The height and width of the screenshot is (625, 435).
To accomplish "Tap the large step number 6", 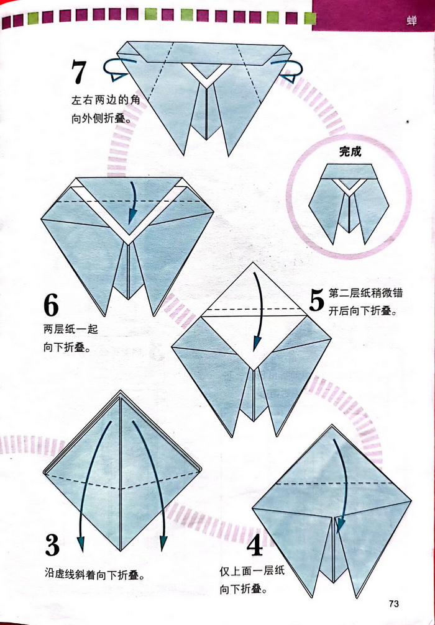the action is (51, 305).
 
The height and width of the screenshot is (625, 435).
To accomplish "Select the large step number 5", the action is (316, 300).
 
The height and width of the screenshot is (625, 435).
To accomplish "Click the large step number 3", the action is (52, 544).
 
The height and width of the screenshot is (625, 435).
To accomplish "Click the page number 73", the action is (393, 603).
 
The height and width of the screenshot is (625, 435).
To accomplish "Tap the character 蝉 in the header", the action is (411, 20).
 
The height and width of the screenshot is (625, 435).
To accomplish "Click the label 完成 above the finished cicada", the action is (350, 151).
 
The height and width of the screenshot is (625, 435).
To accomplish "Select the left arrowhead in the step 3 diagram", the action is (81, 543).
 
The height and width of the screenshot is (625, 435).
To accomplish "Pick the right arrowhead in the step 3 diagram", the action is (163, 543).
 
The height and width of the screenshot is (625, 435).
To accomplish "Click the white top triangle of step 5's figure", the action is (254, 293).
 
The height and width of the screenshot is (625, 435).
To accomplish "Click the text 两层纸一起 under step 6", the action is (71, 329).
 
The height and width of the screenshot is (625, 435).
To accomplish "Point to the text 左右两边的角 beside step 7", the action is (106, 100).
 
